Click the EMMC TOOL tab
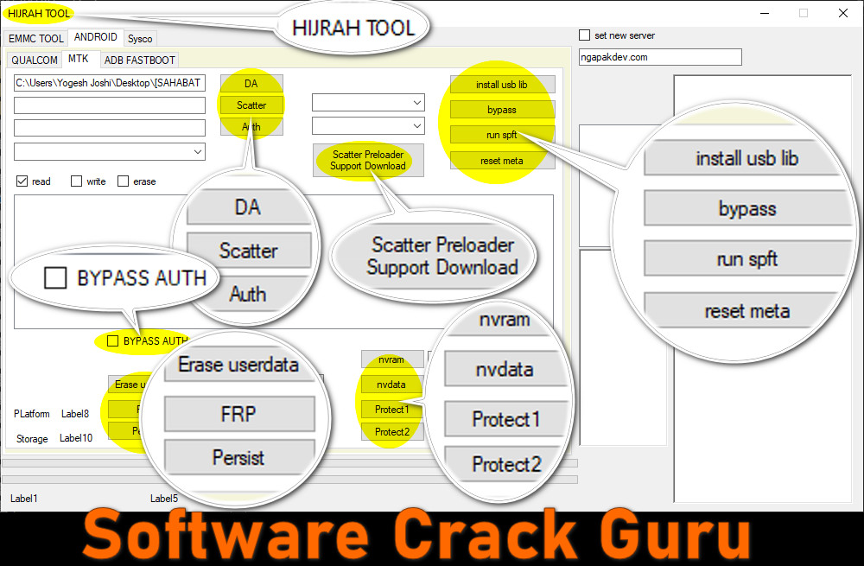pos(35,39)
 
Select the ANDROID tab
pos(95,38)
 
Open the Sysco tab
pos(140,39)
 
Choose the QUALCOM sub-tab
pos(35,60)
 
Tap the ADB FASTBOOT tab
pos(139,60)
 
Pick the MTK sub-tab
pos(79,60)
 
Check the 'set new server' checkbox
pos(585,35)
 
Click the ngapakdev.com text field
pos(660,57)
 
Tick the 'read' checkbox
pos(22,181)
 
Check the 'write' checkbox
pos(76,181)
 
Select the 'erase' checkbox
pos(123,181)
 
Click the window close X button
pos(842,13)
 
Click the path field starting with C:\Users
pos(110,83)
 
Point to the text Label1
pos(24,499)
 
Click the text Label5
pos(164,499)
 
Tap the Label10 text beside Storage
pos(76,438)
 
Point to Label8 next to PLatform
pos(75,414)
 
